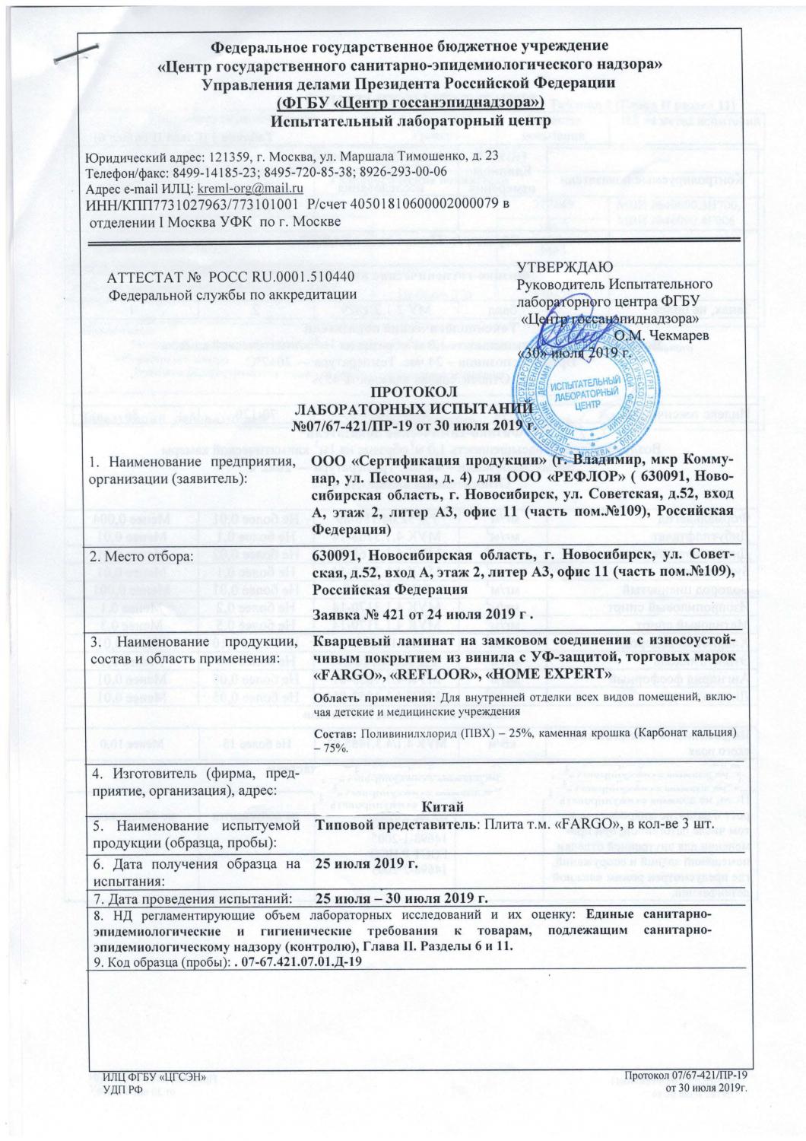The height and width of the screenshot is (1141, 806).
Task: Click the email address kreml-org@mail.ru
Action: click(x=251, y=188)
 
